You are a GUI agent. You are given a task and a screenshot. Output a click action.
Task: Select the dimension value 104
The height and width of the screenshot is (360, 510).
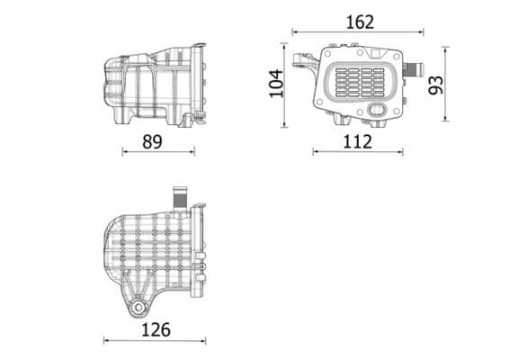[x=276, y=83]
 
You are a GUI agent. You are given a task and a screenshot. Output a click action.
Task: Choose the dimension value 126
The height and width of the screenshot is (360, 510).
[x=156, y=329]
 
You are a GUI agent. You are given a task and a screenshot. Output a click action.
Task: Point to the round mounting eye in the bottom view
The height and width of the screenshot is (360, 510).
[x=138, y=308]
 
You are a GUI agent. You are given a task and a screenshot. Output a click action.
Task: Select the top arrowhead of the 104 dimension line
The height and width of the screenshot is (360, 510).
[x=287, y=45]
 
